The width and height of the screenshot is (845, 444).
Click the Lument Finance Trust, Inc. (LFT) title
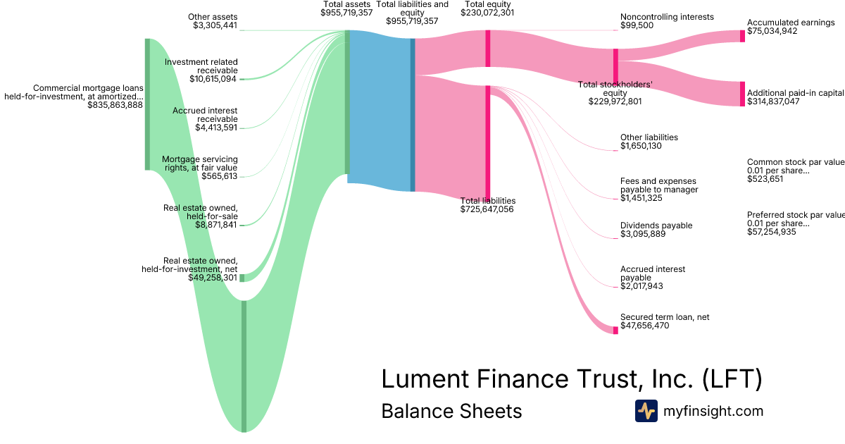[x=571, y=379]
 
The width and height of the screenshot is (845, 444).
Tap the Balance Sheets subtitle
[x=451, y=411]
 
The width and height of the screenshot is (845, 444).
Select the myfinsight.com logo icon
[x=646, y=411]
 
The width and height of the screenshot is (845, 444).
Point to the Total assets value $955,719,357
[x=346, y=13]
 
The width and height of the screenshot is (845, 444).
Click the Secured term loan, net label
[x=665, y=317]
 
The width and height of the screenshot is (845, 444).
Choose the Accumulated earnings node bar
[x=741, y=36]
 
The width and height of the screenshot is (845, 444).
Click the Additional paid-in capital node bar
[x=741, y=94]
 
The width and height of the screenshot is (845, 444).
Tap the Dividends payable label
[x=656, y=226]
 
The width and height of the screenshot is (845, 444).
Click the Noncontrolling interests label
[x=667, y=17]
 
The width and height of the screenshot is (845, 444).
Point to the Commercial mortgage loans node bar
[x=147, y=104]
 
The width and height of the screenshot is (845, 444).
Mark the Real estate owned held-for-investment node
[x=242, y=278]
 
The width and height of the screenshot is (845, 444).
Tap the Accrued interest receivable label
[x=205, y=115]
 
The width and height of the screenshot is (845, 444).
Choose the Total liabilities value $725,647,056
[x=487, y=209]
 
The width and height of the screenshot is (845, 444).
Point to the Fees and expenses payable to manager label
[x=659, y=185]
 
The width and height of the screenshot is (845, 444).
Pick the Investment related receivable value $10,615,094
[x=213, y=79]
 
